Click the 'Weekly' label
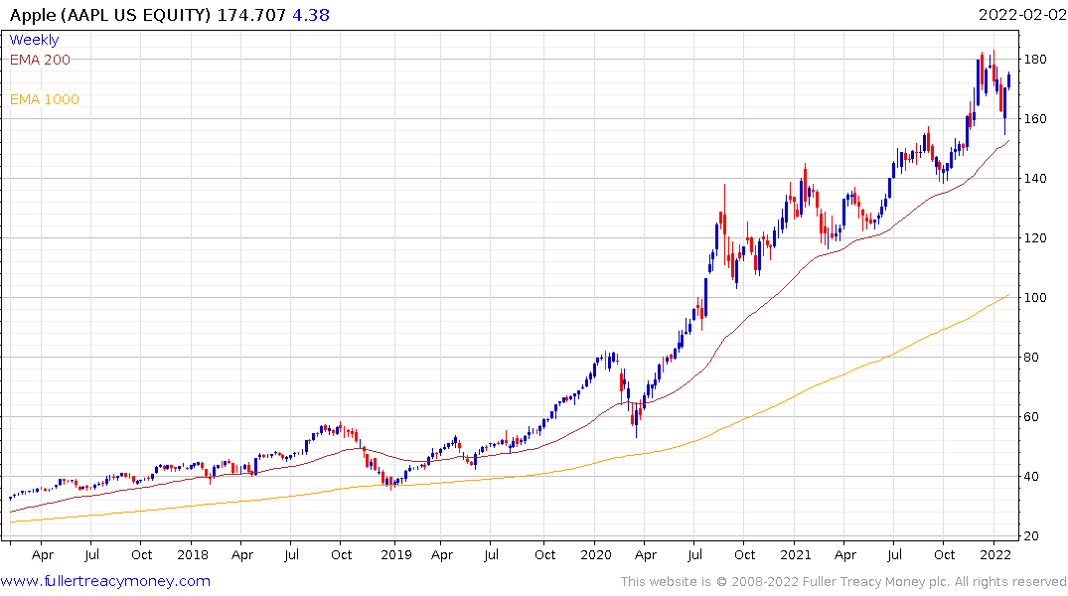(x=34, y=40)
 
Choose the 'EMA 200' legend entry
(x=40, y=60)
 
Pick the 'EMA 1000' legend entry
(x=44, y=99)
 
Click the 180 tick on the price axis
(x=1036, y=60)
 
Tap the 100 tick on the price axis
(x=1036, y=298)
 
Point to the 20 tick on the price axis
(x=1033, y=536)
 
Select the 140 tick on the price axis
(x=1036, y=179)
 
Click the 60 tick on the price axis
(x=1033, y=417)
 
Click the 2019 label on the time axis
(x=395, y=555)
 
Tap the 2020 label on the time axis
(x=595, y=555)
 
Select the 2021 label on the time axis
(x=796, y=555)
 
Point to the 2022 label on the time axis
(x=995, y=555)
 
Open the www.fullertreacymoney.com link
(x=105, y=581)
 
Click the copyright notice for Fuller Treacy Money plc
(x=843, y=581)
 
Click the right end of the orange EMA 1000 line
(x=1008, y=294)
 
